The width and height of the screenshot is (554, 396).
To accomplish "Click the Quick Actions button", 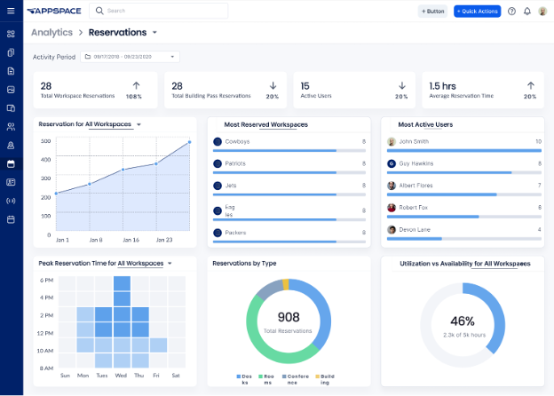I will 477,11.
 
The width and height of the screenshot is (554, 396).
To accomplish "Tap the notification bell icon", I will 526,12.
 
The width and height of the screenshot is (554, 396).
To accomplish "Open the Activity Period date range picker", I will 130,57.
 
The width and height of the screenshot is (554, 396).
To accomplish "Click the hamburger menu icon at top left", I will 11,11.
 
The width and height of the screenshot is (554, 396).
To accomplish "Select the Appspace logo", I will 54,11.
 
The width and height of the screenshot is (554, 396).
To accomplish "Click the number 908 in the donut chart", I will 288,317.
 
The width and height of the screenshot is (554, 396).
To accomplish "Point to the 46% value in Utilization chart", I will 462,321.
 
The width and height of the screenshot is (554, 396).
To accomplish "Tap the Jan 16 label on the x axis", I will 131,240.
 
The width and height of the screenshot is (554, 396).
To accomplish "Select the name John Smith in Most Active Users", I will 414,140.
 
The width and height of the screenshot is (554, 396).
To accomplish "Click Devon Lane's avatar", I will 392,231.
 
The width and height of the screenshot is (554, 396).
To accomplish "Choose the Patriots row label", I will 236,163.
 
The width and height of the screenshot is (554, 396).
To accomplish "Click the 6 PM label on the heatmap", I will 47,281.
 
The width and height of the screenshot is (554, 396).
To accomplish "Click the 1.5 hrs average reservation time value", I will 444,86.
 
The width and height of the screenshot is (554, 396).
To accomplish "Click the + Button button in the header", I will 432,11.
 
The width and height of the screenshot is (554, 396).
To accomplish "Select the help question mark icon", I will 511,12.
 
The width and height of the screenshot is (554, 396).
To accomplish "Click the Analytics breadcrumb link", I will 51,32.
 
